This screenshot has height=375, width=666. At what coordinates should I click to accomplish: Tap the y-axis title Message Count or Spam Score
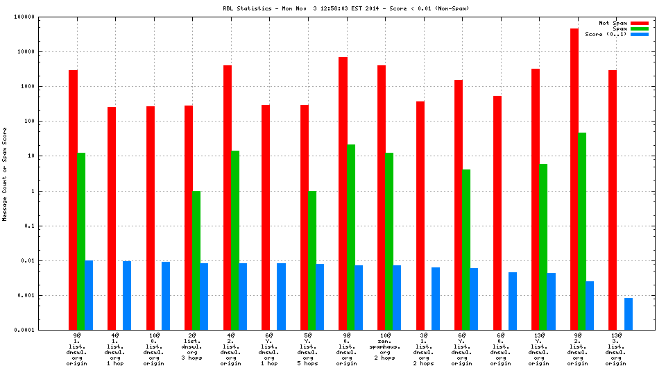[6, 174]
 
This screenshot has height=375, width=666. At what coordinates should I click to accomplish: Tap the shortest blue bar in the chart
[629, 314]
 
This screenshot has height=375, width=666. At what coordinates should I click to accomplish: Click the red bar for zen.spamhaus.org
[382, 197]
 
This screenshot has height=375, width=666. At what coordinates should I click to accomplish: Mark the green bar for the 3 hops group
[196, 260]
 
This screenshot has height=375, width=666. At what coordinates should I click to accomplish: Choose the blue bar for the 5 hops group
[320, 297]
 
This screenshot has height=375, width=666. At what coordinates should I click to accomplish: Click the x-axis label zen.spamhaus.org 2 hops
[386, 347]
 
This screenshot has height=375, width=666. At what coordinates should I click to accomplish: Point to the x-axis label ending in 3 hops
[193, 347]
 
